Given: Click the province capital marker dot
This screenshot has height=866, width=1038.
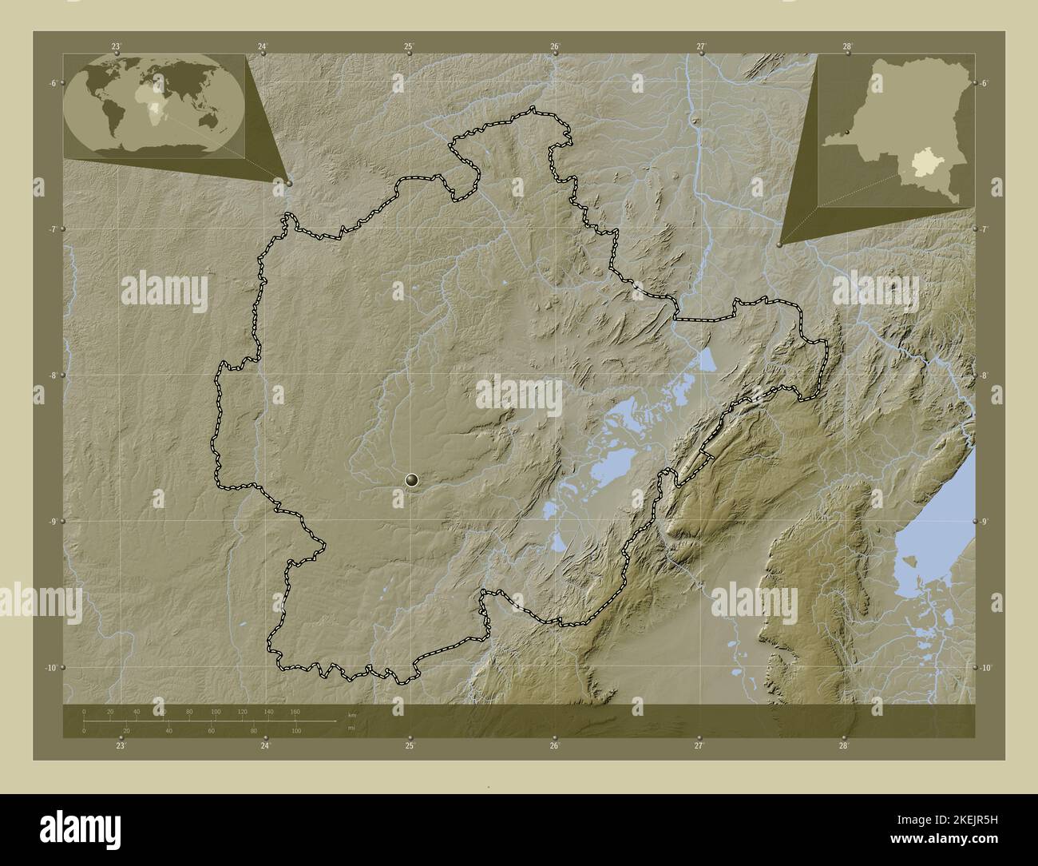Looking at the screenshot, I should click(412, 479).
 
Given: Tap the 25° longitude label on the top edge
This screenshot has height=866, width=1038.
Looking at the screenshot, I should click(409, 47).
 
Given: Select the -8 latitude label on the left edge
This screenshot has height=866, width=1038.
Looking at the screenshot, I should click(53, 375).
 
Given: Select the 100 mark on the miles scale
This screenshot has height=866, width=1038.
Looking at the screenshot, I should click(296, 731).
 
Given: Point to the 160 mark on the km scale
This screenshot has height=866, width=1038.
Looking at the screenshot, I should click(295, 711).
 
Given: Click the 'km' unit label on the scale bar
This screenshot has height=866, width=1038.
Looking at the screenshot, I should click(351, 715).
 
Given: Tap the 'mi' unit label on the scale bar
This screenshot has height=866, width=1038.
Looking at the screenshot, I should click(351, 728).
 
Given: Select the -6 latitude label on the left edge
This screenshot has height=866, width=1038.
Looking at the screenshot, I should click(53, 83).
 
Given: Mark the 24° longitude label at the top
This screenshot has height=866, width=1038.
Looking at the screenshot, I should click(263, 47).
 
